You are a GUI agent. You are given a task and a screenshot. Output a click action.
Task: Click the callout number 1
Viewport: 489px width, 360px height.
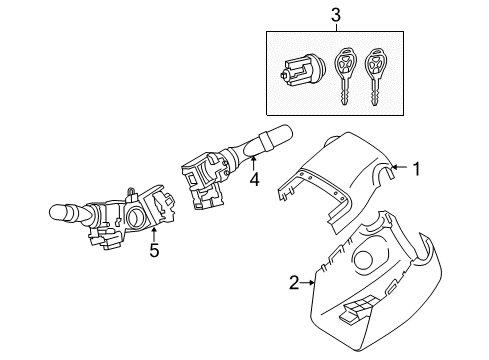click(419, 170)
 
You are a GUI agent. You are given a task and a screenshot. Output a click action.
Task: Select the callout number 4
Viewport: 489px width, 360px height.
click(254, 182)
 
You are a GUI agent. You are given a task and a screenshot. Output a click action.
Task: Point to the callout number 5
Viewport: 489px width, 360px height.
click(154, 249)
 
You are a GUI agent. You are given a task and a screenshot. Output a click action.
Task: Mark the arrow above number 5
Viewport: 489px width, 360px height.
click(154, 233)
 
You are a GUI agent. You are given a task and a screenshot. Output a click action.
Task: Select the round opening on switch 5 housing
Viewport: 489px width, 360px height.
click(136, 220)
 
